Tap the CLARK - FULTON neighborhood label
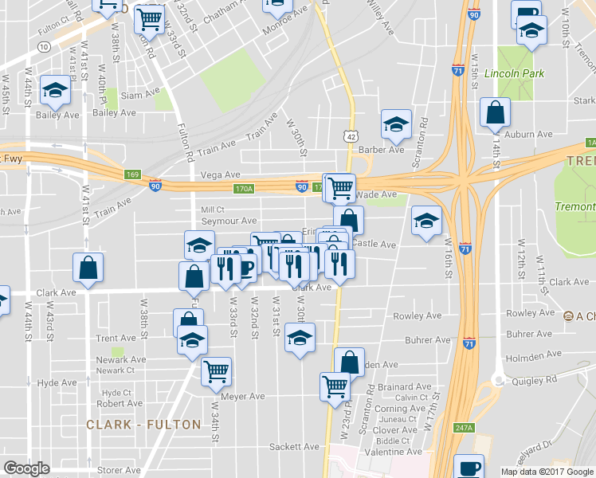click(143, 425)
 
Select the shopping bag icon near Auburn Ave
click(495, 113)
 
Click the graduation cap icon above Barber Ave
click(396, 123)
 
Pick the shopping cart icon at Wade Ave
click(340, 188)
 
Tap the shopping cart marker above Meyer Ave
click(217, 370)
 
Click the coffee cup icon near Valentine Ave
click(469, 467)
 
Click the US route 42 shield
click(351, 136)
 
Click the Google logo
click(26, 468)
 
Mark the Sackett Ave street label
click(294, 446)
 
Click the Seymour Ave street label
click(229, 221)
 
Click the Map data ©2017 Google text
click(546, 472)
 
